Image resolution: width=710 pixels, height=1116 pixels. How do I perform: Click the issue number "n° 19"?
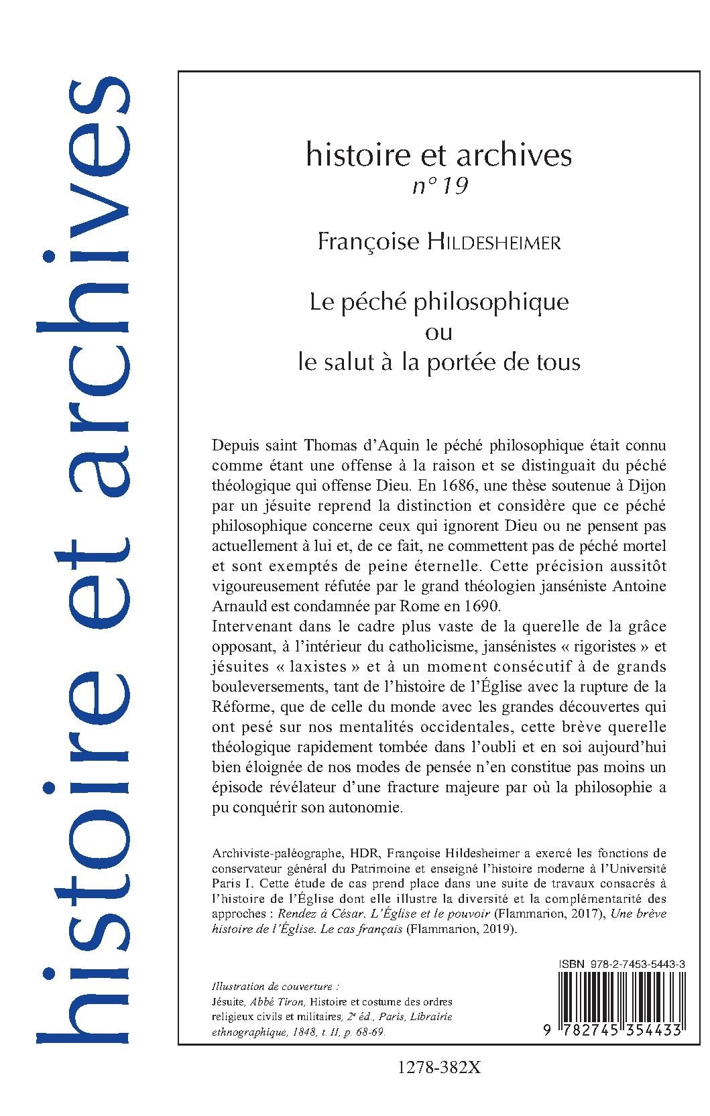coord(439,187)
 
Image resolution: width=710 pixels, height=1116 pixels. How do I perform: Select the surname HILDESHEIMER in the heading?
coord(494,243)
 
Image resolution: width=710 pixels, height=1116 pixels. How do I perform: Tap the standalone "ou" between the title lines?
coord(439,332)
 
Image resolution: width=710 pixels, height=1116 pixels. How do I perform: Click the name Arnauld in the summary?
coord(236,607)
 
